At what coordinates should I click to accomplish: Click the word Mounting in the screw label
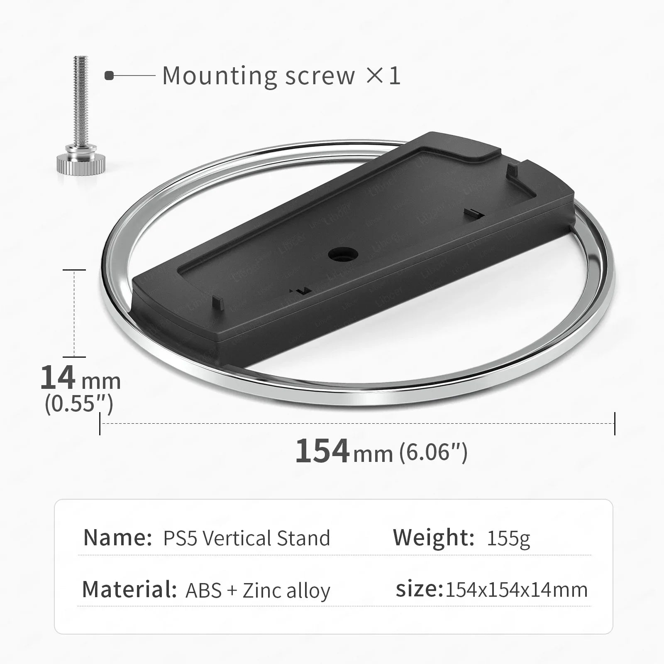click(219, 76)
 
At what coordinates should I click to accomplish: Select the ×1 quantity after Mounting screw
click(383, 76)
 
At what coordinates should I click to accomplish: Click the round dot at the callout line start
click(109, 76)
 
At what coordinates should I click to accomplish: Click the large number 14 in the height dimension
click(58, 378)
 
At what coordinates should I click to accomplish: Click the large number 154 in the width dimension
click(322, 451)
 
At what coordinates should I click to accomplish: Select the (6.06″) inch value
click(433, 452)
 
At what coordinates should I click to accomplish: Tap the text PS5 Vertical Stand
click(247, 538)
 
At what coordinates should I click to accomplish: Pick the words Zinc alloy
click(286, 591)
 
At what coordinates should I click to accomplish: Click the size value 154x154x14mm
click(516, 590)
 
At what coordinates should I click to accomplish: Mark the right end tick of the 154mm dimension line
click(615, 424)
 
